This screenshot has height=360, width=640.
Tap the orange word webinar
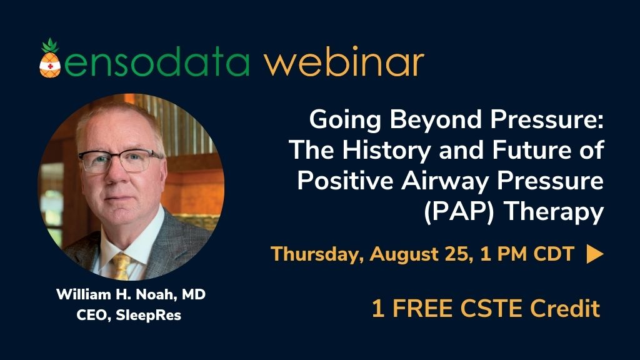point(344,62)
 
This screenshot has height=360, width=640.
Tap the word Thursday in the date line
point(317,254)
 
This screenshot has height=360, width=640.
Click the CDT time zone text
point(554,254)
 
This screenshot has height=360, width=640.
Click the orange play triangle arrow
point(595,254)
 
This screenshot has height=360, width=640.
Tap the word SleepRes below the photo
point(149,315)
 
